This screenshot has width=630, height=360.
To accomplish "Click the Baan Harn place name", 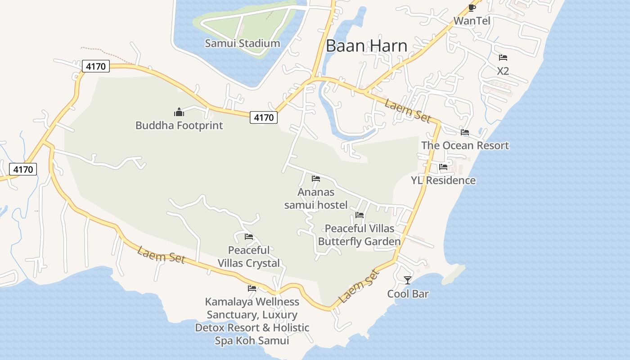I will (366, 46).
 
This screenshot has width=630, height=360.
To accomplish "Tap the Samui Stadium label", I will (243, 44).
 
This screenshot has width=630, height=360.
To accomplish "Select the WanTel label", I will (472, 21).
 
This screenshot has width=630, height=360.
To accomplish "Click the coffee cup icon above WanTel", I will (472, 8).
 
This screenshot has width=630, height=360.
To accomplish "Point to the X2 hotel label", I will (503, 71).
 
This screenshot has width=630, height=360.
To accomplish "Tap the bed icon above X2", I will (503, 58).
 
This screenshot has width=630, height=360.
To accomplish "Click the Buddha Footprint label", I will (179, 126).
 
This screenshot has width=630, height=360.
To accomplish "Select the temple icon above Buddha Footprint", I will (179, 112).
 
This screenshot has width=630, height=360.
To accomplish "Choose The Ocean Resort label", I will (465, 146).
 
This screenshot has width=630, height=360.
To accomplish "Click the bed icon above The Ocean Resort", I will (465, 132).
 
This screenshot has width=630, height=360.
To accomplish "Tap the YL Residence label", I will (443, 180).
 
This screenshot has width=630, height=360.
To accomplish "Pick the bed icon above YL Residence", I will (443, 167).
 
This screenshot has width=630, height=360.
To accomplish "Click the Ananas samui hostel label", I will (316, 199).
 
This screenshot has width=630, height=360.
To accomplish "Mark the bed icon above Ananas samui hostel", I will (316, 179).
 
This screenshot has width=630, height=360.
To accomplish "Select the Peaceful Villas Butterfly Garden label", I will (359, 235).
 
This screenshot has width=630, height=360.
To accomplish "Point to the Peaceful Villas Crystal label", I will (249, 256).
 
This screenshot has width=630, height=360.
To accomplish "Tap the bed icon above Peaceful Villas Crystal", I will (249, 237).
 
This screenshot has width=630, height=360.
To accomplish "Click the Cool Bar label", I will (408, 294).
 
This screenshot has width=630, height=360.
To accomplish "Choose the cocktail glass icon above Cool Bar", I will (408, 280).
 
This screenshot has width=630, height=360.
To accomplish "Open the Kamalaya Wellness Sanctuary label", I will (252, 321).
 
